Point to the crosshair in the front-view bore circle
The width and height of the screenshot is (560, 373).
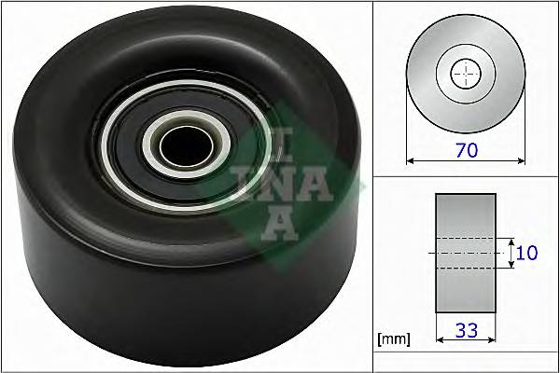point(464,74)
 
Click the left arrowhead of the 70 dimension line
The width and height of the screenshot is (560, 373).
point(409,160)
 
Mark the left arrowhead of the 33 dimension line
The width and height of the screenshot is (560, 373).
point(438,339)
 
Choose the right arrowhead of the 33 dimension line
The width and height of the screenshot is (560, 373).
point(493,339)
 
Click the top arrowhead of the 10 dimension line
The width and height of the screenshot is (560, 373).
point(511,239)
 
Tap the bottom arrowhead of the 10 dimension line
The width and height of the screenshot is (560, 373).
point(511,267)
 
